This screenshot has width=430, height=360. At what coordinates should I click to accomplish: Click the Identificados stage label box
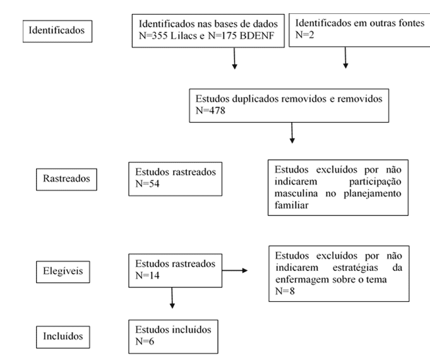click(57, 31)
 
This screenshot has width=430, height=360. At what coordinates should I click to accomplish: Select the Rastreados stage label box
click(66, 179)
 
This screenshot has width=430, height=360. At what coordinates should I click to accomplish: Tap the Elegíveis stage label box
click(63, 272)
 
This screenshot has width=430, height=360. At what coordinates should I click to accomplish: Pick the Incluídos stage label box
click(63, 337)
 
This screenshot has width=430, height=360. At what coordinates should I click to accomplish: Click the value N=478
click(210, 111)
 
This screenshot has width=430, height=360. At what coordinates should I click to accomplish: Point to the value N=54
click(147, 184)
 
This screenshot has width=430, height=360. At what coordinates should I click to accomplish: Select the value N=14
click(147, 275)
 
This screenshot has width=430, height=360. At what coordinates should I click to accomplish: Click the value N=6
click(145, 341)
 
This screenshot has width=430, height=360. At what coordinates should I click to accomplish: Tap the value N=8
click(285, 291)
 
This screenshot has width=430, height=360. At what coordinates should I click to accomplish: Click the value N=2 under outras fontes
click(305, 35)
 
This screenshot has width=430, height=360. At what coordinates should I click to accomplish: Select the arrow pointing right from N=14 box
click(235, 270)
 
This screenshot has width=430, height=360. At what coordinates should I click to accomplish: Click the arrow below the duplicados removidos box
click(292, 133)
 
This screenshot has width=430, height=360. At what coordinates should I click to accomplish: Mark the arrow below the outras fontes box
click(345, 57)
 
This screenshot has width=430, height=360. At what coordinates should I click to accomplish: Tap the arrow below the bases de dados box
click(234, 58)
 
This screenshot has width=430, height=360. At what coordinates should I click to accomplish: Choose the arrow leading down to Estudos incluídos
click(172, 298)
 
